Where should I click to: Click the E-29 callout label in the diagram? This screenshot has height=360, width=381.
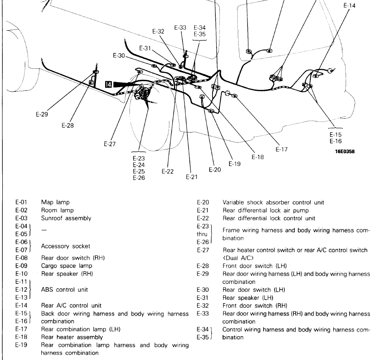(42, 115)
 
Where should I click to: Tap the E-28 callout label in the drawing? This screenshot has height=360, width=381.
(67, 125)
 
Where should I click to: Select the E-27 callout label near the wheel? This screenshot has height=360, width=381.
(109, 144)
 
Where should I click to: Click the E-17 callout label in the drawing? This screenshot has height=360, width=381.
(281, 149)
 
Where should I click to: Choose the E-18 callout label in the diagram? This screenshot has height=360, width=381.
(258, 157)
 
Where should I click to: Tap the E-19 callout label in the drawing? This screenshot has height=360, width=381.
(235, 163)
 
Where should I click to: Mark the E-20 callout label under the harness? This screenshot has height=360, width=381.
(215, 170)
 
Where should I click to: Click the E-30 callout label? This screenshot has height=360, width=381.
(119, 55)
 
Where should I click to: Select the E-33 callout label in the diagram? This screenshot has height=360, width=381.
(180, 28)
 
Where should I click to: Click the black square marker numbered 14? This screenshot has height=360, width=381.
(108, 84)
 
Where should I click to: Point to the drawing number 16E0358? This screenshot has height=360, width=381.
(345, 151)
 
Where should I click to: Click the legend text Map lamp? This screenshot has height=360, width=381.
(56, 202)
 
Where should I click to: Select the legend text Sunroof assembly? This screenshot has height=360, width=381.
(66, 218)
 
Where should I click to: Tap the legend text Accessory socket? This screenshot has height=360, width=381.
(66, 246)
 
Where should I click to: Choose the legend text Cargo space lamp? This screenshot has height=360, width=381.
(65, 266)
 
